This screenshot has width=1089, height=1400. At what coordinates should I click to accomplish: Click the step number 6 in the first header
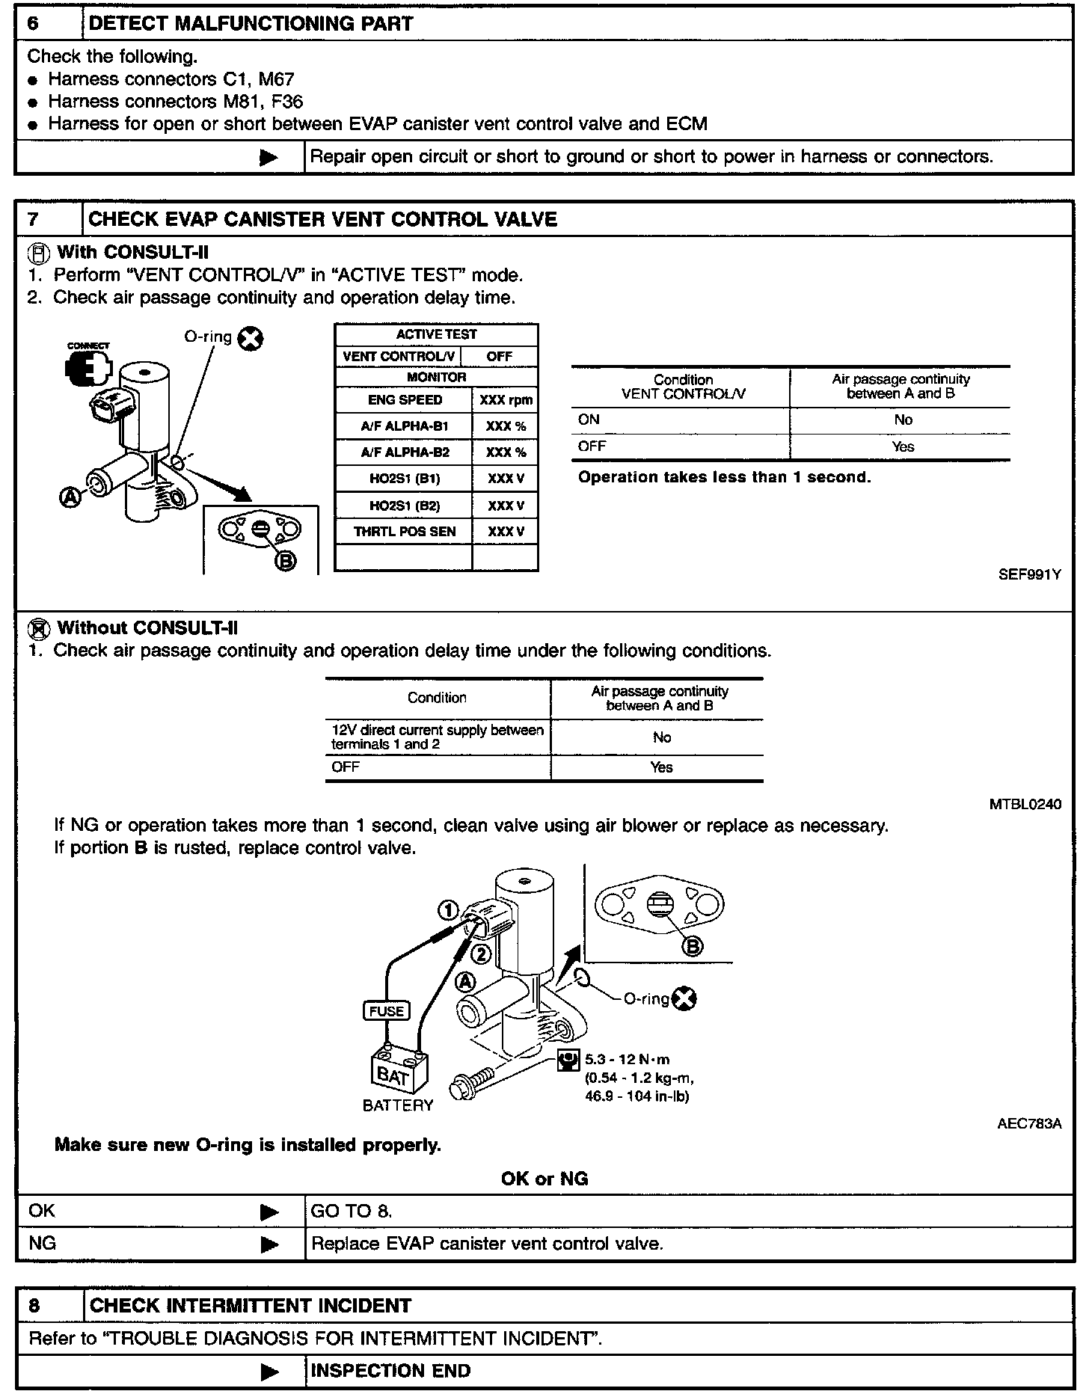[x=33, y=23]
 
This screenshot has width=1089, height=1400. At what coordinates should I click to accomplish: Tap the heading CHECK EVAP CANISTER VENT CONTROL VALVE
[x=322, y=219]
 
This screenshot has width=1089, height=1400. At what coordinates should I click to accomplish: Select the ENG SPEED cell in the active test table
[x=405, y=400]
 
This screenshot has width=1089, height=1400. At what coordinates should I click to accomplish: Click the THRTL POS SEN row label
[x=404, y=532]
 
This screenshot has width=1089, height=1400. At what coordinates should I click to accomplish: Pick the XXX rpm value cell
[x=506, y=400]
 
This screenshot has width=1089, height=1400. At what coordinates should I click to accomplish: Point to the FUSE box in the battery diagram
[x=386, y=1011]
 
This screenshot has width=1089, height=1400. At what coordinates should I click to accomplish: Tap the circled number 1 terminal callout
[x=448, y=910]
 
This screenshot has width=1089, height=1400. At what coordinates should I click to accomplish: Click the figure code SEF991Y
[x=1029, y=575]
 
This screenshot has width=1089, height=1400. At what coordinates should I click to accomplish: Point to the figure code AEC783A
[x=1029, y=1123]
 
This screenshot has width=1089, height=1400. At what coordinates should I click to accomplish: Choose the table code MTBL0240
[x=1025, y=805]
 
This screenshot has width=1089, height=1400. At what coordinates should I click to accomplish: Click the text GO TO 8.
[x=351, y=1211]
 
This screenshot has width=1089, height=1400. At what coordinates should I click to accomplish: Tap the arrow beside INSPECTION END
[x=269, y=1372]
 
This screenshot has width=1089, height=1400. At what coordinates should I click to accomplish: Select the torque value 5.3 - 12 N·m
[x=627, y=1059]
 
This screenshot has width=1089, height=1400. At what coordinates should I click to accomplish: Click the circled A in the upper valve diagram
[x=71, y=497]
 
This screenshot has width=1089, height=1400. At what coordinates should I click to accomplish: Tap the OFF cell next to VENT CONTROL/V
[x=499, y=357]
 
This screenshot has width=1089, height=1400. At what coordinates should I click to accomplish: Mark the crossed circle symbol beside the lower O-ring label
[x=684, y=998]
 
